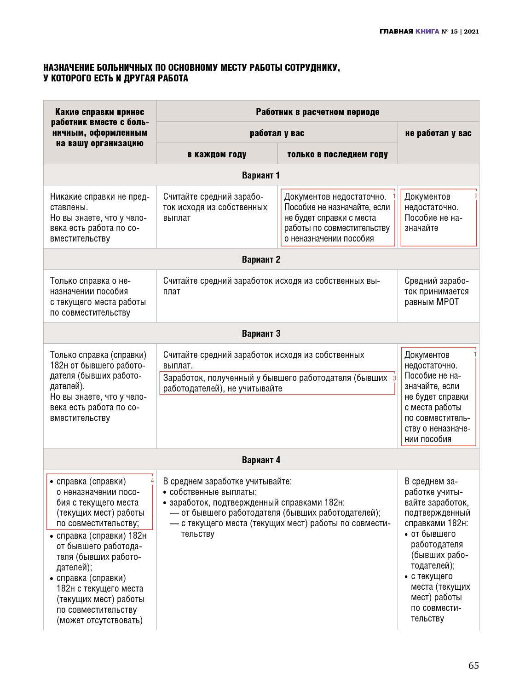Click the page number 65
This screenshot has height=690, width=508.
pos(473,666)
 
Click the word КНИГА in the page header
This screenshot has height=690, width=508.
pos(427,31)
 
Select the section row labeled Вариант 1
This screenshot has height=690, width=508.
pos(260,175)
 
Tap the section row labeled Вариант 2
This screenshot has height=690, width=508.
pos(260,259)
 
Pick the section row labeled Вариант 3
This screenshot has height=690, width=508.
pos(260,333)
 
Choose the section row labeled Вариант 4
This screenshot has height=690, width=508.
pos(260,460)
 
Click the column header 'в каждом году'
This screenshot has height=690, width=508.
pos(217,154)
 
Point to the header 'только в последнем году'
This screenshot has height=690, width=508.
pos(337,154)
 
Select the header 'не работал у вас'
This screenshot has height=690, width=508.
pos(438,133)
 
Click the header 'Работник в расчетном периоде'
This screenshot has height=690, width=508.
pos(317,112)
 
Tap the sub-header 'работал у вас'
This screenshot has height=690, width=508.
pos(277,133)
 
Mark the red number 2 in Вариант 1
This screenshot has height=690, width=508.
pos(476,196)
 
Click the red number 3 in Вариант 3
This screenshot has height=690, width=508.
pos(394,378)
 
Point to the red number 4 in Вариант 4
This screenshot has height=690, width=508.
pos(152,481)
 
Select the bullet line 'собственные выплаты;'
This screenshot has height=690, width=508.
pos(213,492)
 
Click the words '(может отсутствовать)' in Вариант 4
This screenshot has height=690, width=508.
pos(99,620)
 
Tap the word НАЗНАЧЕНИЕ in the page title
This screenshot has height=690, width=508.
pos(69,68)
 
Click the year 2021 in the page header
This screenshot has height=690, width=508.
pos(471,31)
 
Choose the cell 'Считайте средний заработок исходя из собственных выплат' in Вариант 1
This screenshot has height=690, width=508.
pos(215,207)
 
